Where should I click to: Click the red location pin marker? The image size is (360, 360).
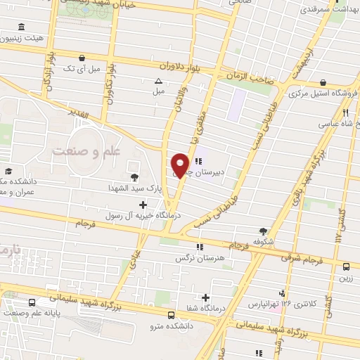180,166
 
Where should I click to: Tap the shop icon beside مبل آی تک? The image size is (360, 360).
83,58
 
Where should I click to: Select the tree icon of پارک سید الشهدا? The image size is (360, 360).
134,176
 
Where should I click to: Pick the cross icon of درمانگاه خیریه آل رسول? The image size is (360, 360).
143,205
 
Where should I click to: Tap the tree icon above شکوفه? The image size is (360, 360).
264,230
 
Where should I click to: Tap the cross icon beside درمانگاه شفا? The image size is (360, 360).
205,297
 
